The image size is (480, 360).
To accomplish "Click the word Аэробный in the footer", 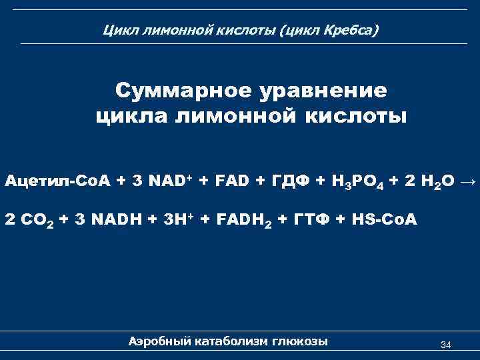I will tap(159, 341).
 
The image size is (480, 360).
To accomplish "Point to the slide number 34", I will tap(446, 345).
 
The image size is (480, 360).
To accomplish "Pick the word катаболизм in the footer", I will tap(231, 341).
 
